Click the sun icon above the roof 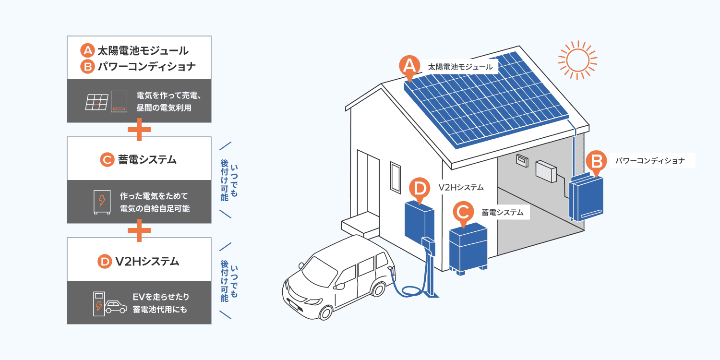[x=577, y=60]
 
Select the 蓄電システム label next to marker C [x=502, y=212]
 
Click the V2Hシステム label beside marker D [x=461, y=187]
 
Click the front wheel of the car [x=326, y=311]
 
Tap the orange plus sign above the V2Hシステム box [x=139, y=230]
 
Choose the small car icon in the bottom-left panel [x=116, y=306]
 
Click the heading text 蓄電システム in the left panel [x=147, y=159]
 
